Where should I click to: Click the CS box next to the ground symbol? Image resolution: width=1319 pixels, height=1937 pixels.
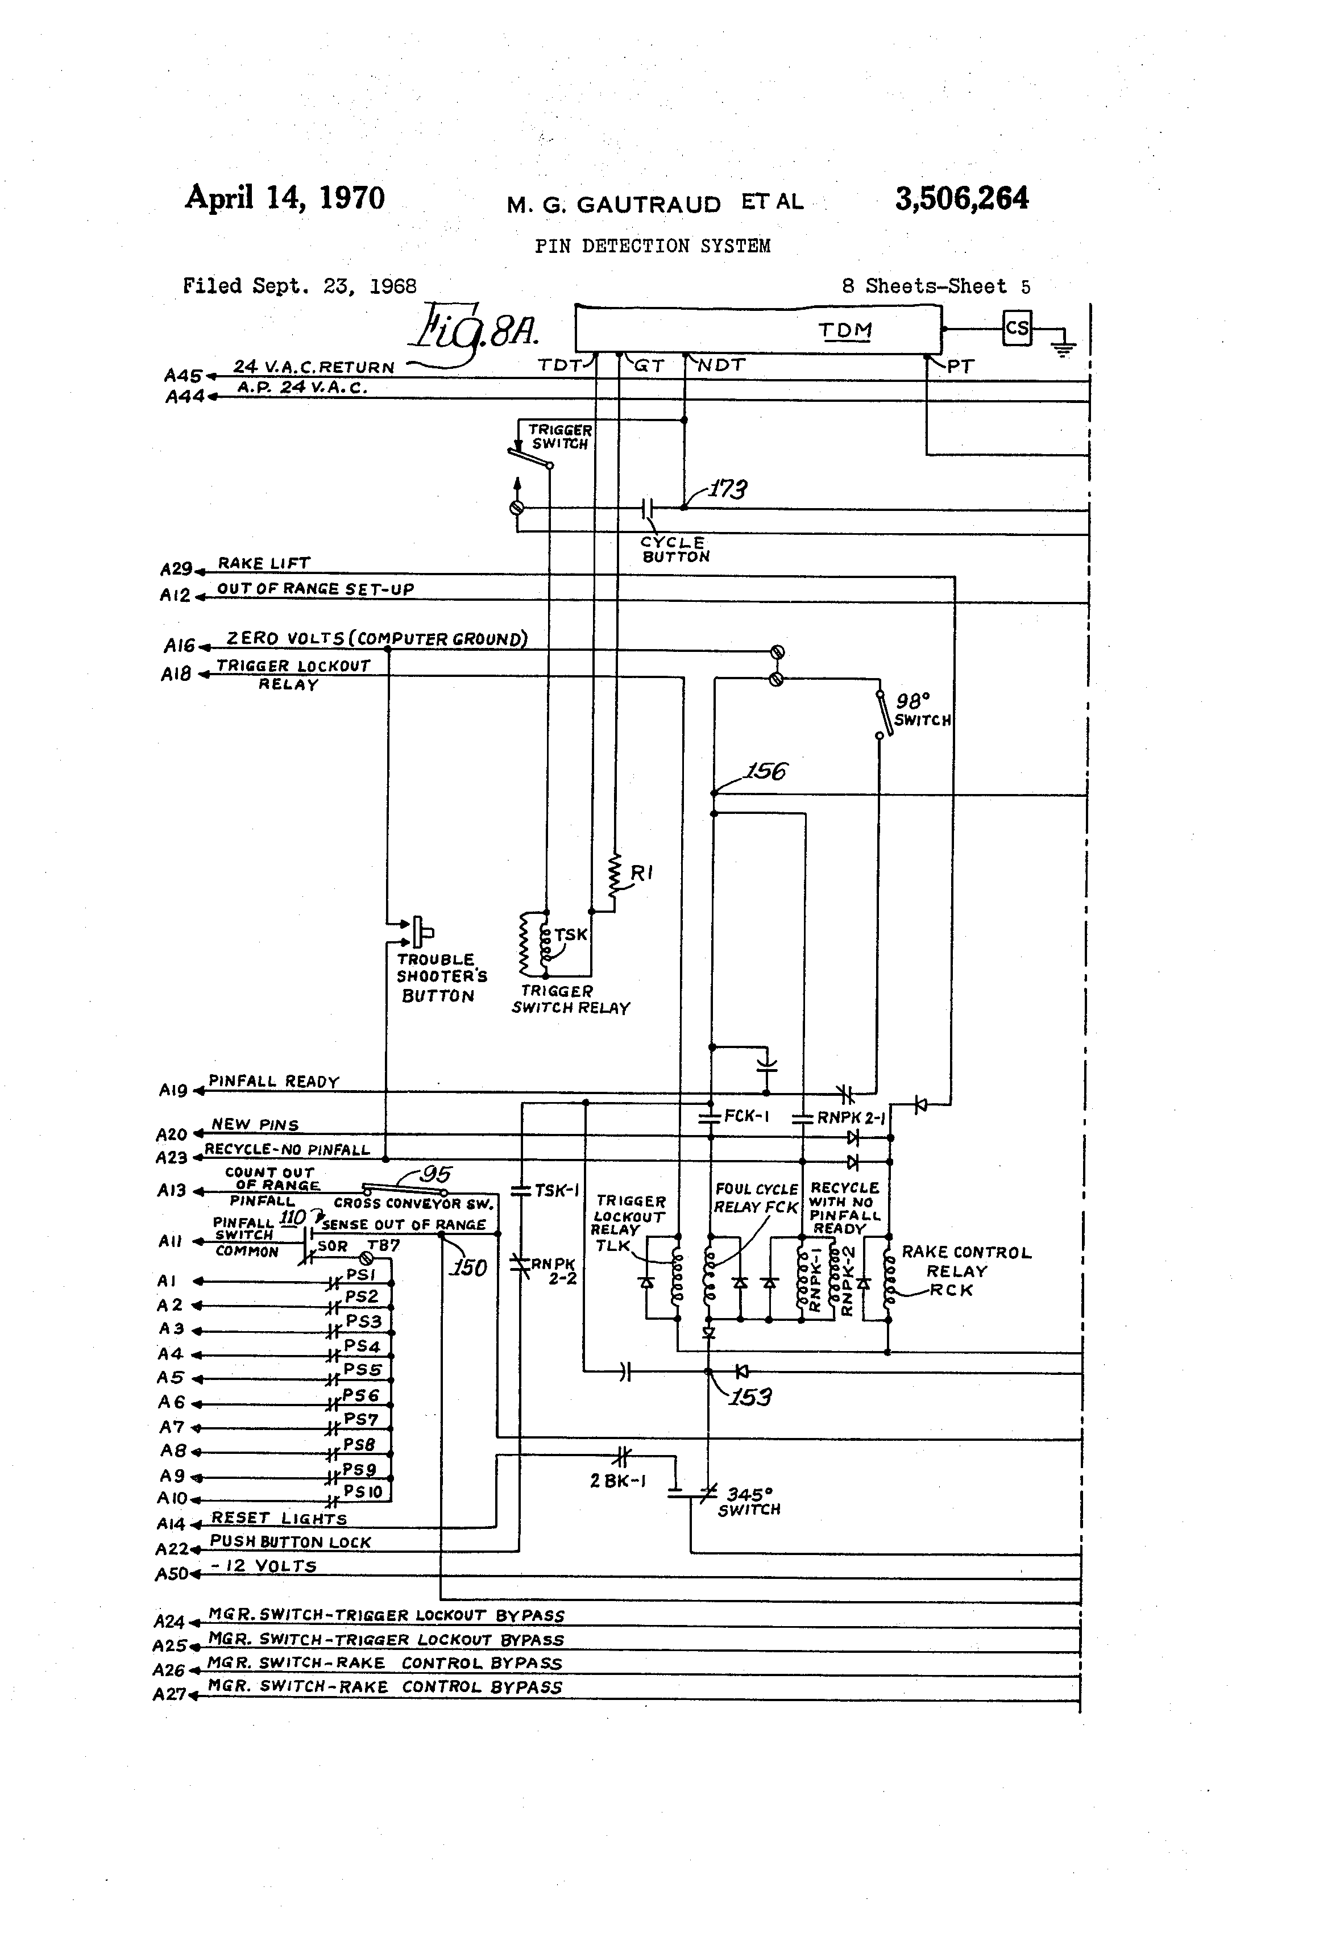point(1017,329)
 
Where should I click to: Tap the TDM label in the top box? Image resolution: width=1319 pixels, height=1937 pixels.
point(845,331)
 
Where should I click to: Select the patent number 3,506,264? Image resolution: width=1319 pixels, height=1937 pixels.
point(961,198)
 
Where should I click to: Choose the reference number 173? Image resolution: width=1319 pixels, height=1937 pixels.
point(728,489)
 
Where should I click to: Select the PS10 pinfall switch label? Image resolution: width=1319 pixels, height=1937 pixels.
point(363,1491)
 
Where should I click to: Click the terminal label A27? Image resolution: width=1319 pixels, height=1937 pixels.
point(169,1694)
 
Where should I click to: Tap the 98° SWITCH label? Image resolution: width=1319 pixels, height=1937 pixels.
point(922,710)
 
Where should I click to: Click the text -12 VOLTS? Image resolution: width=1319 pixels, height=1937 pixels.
point(263,1565)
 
